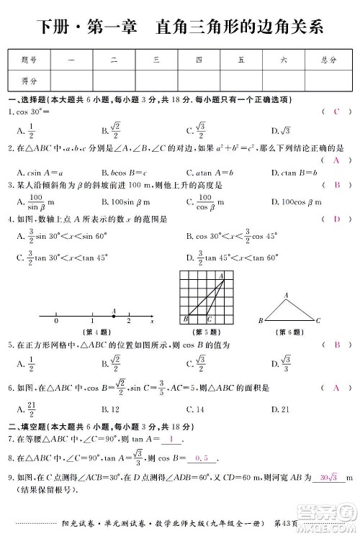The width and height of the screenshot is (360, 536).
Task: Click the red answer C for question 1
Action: coord(336,112)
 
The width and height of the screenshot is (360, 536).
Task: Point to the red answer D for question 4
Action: coord(336,218)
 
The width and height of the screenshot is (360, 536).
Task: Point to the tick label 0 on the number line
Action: coord(56,322)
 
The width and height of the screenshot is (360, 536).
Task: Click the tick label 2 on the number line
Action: coord(128,322)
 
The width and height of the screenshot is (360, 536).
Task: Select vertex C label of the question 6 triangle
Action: coord(318,319)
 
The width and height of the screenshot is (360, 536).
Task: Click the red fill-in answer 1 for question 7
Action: coord(172,438)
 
